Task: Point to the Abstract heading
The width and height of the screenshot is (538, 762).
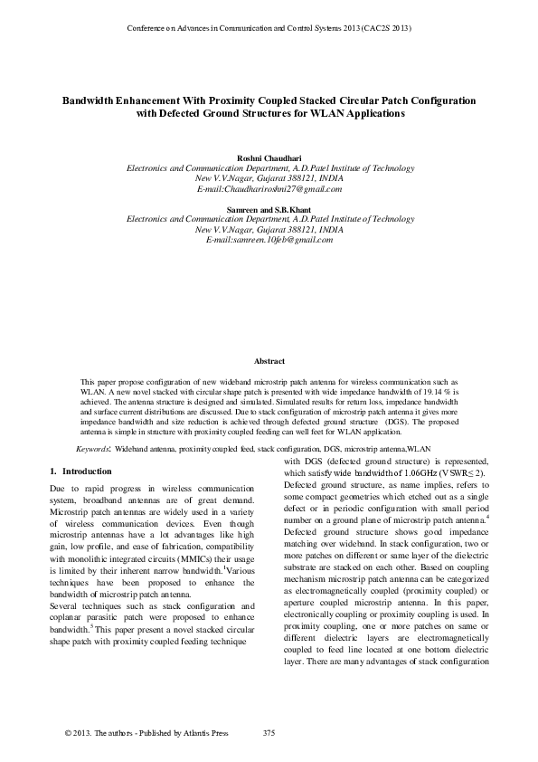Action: (x=269, y=360)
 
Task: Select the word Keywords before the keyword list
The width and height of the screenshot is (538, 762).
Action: (x=92, y=448)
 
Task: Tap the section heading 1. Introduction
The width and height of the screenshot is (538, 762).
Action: (x=80, y=471)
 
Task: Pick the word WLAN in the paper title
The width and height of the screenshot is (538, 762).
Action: (x=342, y=114)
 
